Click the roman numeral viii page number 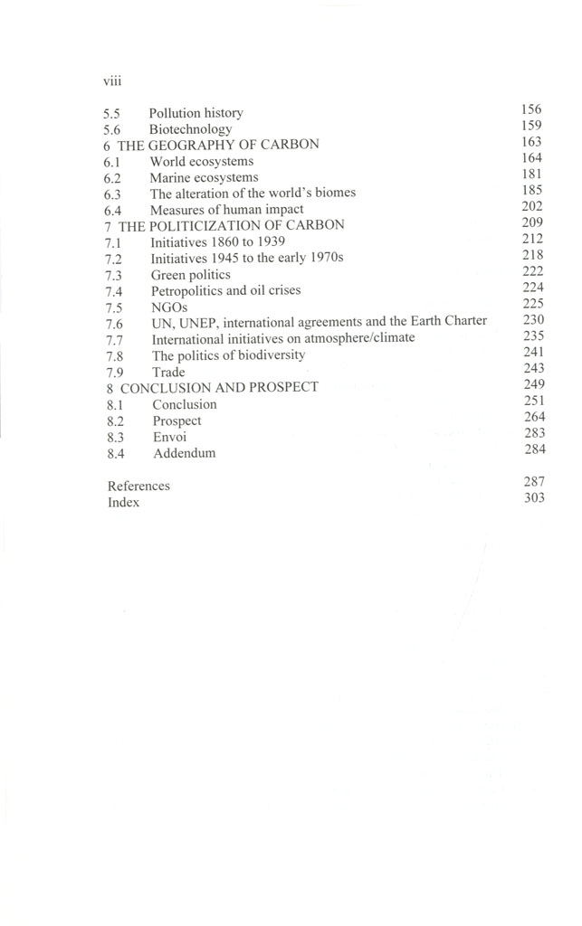click(112, 80)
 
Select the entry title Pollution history click(196, 113)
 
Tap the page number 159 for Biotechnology click(531, 126)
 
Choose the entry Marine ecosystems click(204, 178)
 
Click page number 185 click(531, 191)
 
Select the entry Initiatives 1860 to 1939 click(218, 242)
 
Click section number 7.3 click(113, 275)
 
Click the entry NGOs click(169, 307)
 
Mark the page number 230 click(532, 319)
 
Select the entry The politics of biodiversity click(228, 355)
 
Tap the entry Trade click(168, 372)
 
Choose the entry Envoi click(169, 437)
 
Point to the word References click(138, 486)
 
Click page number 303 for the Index click(533, 498)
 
